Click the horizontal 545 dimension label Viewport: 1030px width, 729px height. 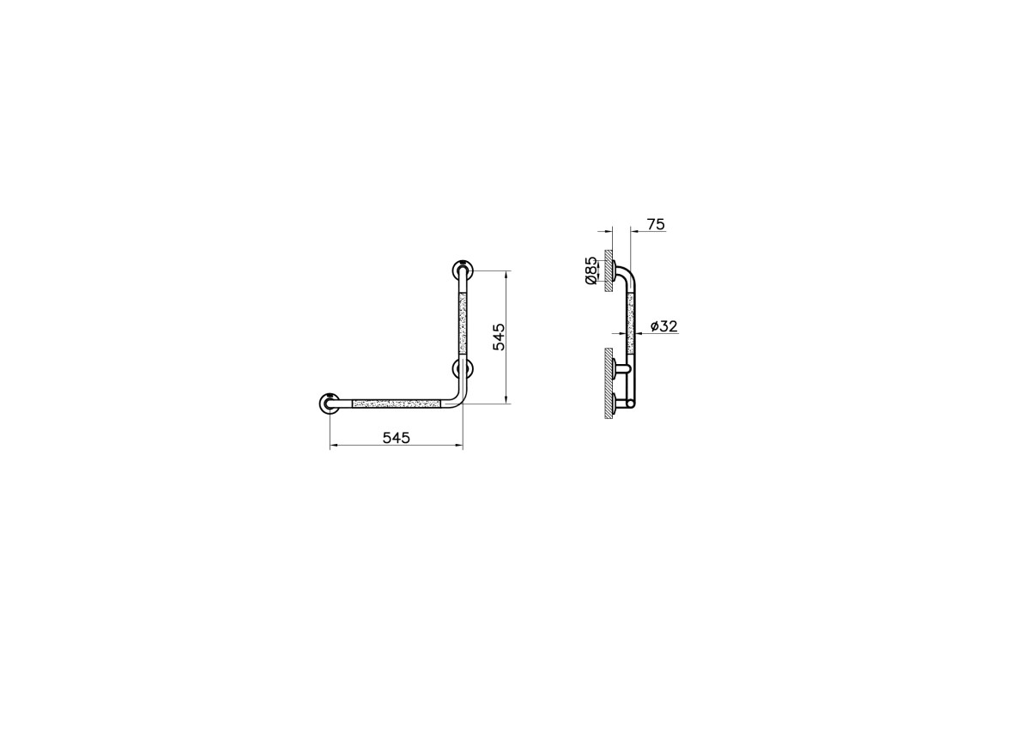(396, 437)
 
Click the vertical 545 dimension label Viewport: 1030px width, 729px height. (499, 337)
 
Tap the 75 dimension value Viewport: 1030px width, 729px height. (656, 224)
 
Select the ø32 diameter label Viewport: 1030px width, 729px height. (663, 326)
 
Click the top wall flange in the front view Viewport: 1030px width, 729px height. (463, 270)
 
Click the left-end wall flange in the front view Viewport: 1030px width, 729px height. (330, 404)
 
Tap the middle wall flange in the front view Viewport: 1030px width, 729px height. (463, 368)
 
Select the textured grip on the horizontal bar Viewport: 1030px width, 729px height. (397, 404)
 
